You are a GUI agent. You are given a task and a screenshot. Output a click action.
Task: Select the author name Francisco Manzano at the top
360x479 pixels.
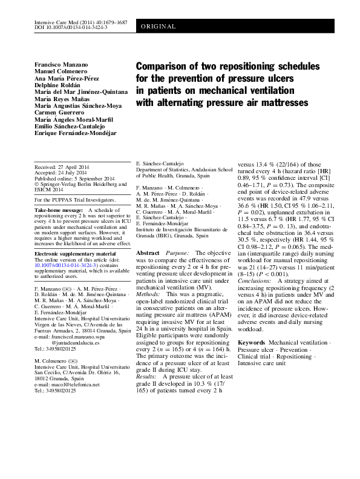tap(62, 64)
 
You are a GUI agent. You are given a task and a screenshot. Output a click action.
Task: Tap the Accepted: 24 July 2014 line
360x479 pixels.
tap(61, 171)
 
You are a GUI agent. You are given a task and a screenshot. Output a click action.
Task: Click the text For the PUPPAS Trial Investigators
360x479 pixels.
tap(75, 199)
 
